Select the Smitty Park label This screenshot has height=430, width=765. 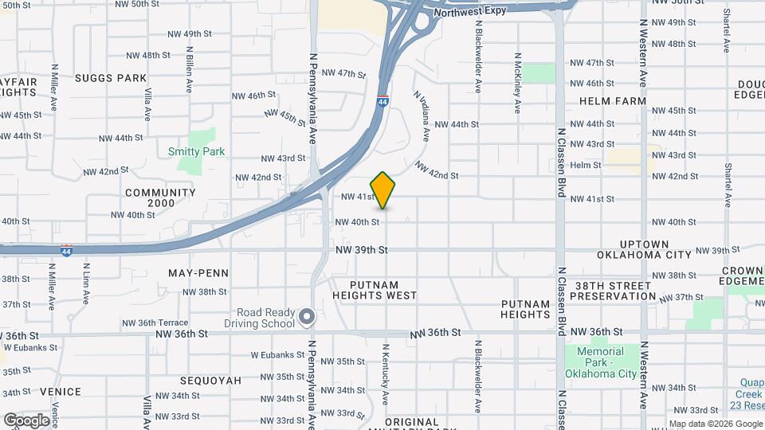pos(197,151)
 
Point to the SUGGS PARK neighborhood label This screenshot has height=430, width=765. pos(111,78)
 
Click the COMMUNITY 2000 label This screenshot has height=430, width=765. pos(160,197)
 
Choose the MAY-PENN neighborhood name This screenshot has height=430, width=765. pos(198,273)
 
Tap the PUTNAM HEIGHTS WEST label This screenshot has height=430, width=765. pos(385,289)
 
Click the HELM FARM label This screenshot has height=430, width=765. pos(612,101)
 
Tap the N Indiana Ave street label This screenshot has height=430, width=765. pos(422,115)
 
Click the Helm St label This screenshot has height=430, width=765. pos(586,165)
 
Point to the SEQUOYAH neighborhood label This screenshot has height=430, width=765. pos(211,381)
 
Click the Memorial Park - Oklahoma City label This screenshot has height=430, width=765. pos(594,362)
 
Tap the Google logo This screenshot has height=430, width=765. pos(27,420)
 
